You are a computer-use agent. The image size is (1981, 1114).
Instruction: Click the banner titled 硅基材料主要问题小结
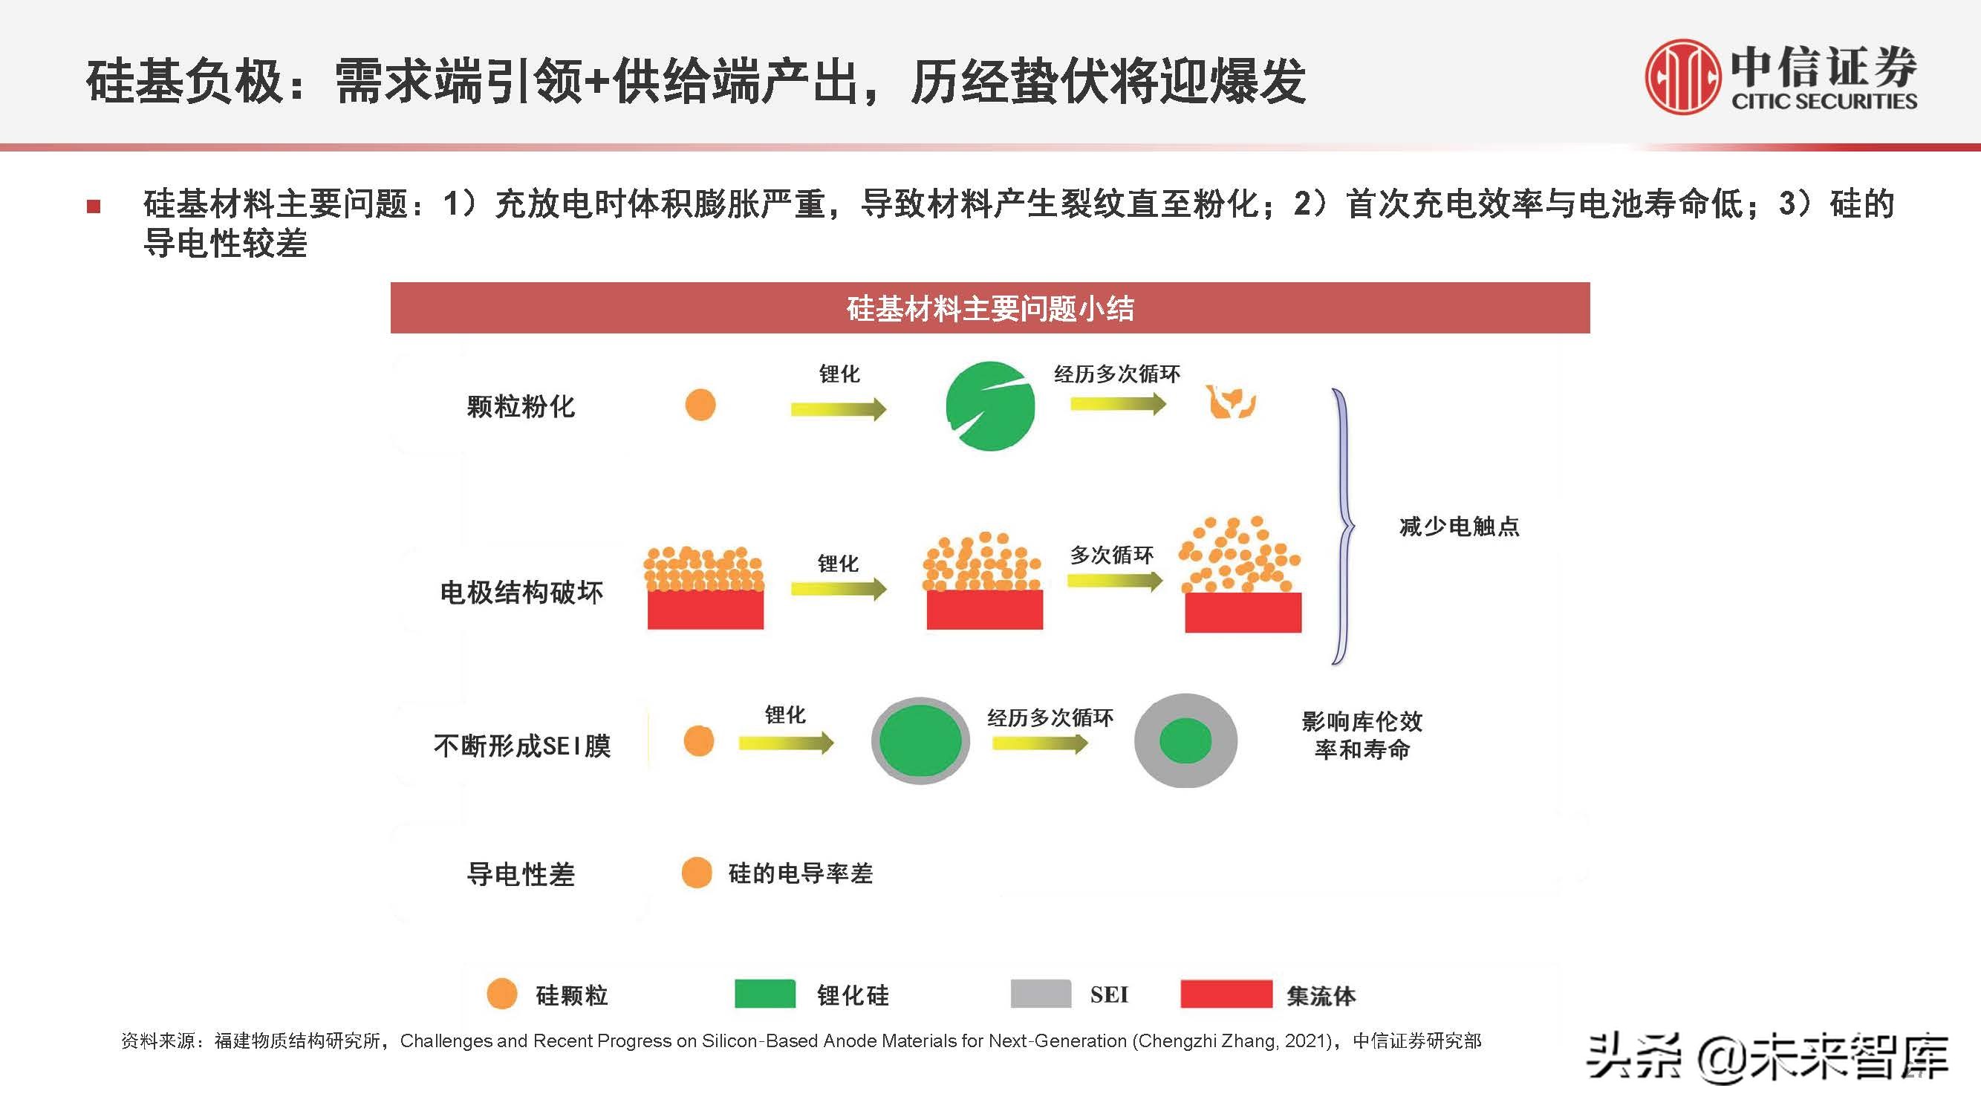[989, 308]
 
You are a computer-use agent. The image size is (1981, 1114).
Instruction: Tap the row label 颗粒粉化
[521, 406]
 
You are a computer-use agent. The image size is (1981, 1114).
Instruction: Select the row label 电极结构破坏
[521, 592]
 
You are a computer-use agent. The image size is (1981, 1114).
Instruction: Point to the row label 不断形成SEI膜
[522, 745]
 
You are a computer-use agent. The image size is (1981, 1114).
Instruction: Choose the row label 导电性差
[521, 874]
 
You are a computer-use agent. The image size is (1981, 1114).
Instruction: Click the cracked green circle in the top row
[989, 405]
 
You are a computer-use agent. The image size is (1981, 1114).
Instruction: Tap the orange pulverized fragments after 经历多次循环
[1231, 401]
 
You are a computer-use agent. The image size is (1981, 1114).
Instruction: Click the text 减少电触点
[1459, 527]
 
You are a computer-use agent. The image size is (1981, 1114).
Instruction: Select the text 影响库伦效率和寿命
[1362, 735]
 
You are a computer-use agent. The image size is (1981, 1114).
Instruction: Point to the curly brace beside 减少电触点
[1343, 526]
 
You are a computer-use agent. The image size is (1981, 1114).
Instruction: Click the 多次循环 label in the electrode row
[1111, 554]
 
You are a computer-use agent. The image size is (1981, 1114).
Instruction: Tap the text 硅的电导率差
[801, 873]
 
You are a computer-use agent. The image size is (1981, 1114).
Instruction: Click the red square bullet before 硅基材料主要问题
[94, 206]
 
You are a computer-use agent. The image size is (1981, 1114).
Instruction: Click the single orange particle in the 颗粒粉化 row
[700, 405]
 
